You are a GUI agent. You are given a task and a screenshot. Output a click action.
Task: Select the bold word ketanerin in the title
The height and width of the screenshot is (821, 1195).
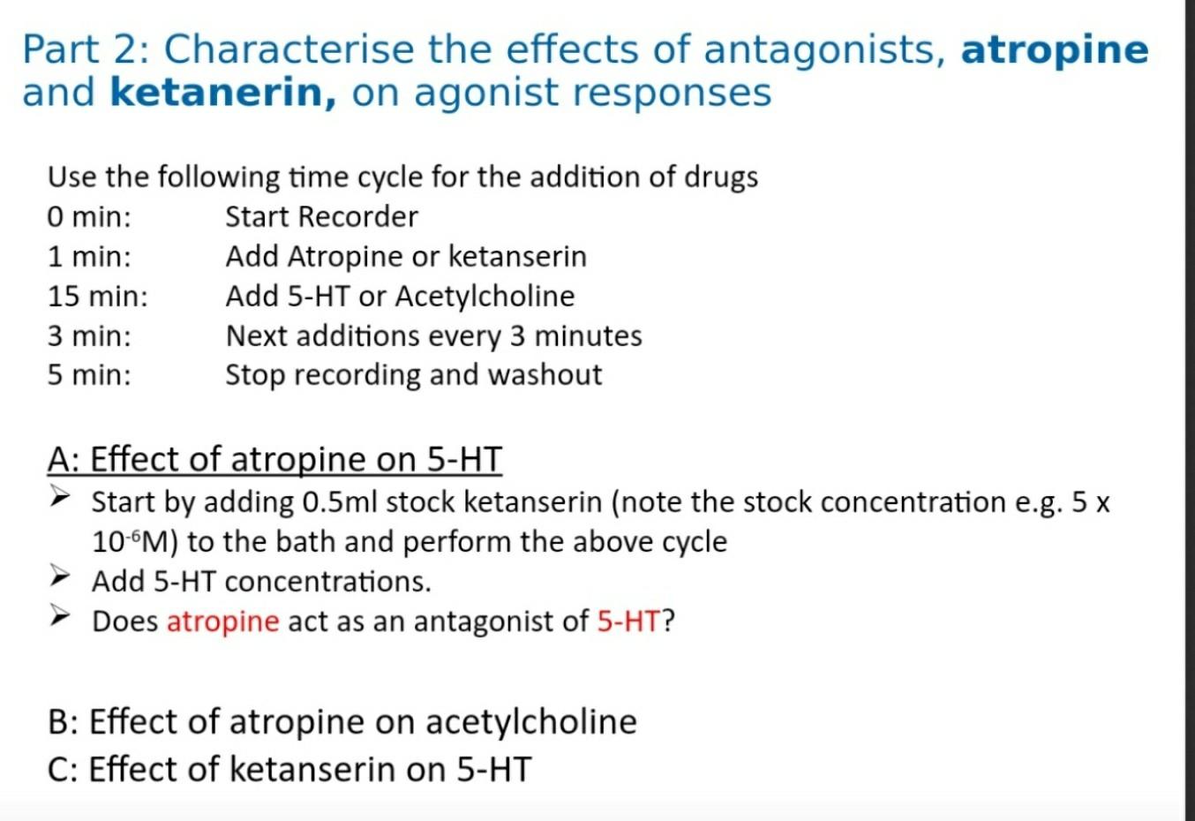223,93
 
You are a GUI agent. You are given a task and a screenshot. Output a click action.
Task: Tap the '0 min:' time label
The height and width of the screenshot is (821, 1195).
89,217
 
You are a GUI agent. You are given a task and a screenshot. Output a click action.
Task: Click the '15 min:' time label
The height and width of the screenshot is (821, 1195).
98,296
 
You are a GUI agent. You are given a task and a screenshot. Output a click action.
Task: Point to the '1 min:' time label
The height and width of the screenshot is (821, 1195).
89,257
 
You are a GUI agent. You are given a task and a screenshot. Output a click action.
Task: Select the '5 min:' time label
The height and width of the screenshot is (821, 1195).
89,375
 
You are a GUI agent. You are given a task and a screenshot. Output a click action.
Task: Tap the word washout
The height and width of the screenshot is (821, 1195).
545,375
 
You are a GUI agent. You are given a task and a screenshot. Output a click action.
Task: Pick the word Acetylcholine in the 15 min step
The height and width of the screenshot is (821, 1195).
485,296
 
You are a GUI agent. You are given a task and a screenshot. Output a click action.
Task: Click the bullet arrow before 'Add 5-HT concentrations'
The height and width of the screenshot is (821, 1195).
60,576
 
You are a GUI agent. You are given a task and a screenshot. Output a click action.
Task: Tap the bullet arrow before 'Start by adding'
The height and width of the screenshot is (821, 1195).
60,497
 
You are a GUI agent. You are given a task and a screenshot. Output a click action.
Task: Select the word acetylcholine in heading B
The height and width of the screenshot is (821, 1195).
531,722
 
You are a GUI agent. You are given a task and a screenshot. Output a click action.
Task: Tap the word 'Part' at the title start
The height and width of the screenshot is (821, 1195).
61,50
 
